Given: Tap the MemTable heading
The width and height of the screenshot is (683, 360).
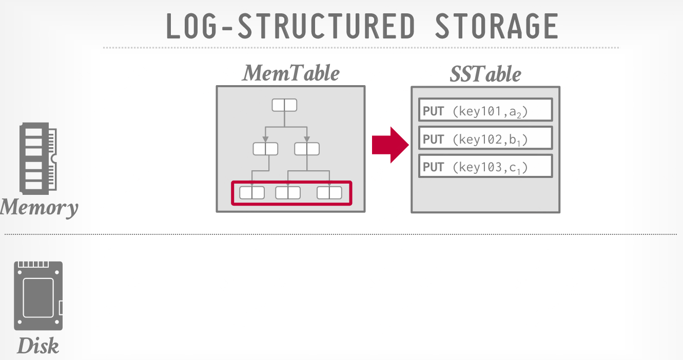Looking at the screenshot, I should coord(291,73).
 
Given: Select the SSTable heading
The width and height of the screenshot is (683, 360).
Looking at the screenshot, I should coord(485,74).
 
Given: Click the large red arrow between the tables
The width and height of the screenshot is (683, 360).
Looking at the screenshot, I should coord(390,145).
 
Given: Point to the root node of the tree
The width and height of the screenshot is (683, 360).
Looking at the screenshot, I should coord(284,105).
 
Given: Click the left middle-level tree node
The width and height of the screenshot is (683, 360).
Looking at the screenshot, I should coord(265,149).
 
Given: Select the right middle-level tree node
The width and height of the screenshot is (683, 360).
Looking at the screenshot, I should coord(307,149).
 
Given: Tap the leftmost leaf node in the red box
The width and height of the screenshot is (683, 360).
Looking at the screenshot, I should coord(252,193).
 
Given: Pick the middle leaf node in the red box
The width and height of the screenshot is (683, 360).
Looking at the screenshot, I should coord(288,193).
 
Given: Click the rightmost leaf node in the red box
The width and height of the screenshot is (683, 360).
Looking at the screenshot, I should coord(329,193).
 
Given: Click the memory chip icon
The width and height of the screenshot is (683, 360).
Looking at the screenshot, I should coord(38,157).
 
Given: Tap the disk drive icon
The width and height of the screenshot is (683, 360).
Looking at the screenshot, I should coord(38,296).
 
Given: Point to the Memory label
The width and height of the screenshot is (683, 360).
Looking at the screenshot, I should coord(39,208).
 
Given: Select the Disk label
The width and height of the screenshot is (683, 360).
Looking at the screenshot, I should coord(38,346).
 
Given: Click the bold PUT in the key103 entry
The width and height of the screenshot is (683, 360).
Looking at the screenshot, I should coord(433,167).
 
